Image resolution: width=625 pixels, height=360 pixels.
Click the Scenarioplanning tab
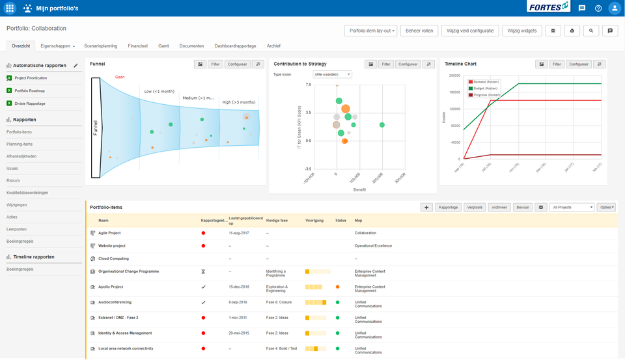tap(101, 46)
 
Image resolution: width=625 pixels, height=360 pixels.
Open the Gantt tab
tap(163, 46)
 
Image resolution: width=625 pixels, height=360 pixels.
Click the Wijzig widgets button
tap(522, 31)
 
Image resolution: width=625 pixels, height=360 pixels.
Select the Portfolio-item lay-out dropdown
tap(370, 31)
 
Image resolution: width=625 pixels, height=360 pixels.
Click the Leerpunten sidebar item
tap(17, 229)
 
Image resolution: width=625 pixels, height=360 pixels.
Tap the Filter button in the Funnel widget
tap(214, 64)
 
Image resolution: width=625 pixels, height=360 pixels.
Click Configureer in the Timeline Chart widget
tap(578, 64)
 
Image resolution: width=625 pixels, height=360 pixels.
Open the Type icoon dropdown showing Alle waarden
tap(332, 75)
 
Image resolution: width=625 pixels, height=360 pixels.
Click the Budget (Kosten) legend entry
tap(486, 88)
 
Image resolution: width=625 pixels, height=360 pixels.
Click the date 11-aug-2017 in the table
tap(240, 232)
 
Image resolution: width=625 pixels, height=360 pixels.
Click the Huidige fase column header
tap(277, 221)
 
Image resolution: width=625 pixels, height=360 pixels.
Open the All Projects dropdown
tap(572, 207)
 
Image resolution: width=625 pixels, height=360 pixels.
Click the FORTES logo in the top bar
tap(548, 8)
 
